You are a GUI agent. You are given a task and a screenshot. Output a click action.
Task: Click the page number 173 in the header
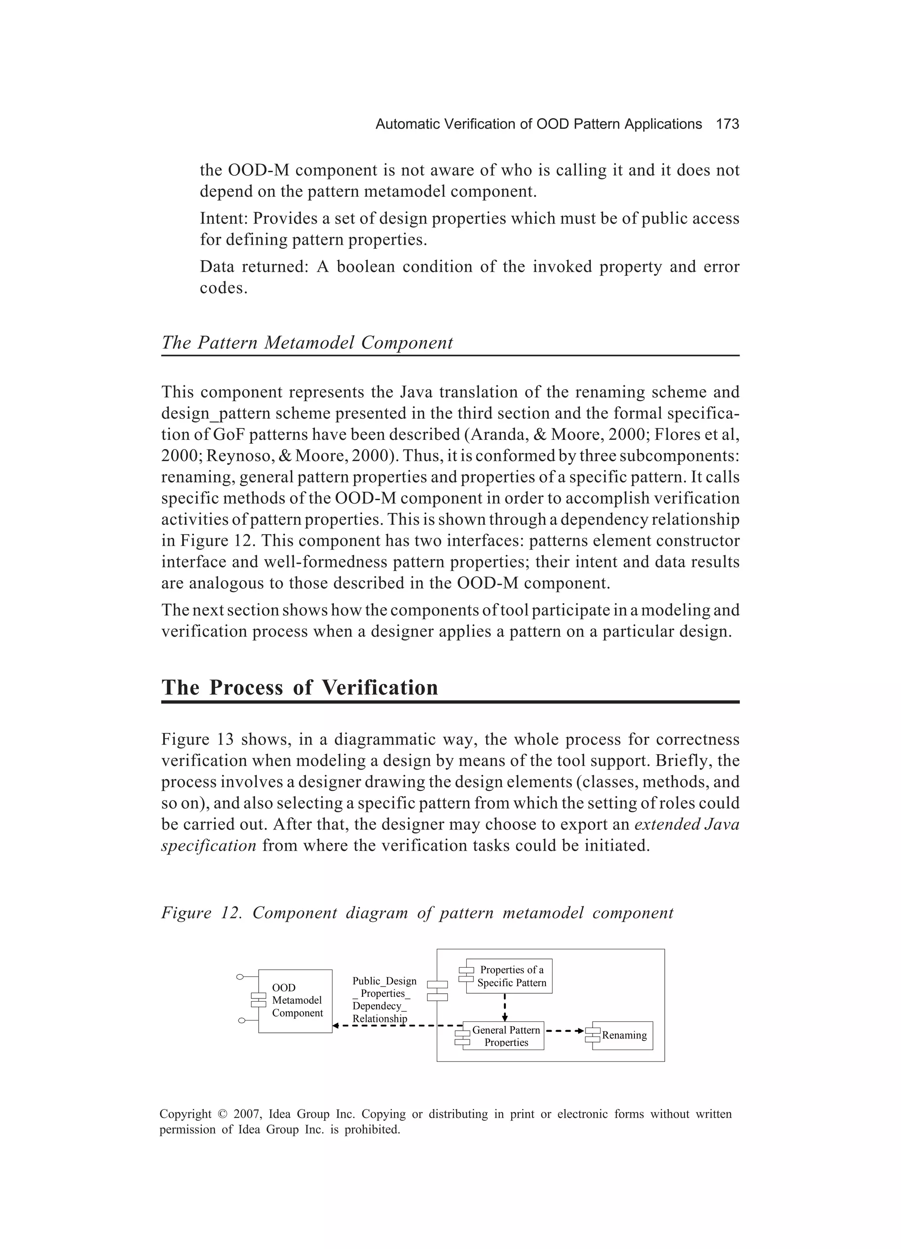click(x=727, y=125)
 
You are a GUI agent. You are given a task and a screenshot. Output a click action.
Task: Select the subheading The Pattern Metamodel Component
click(x=307, y=343)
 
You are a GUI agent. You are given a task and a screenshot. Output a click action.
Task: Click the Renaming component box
click(x=623, y=1035)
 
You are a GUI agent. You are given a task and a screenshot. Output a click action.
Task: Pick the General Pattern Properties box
click(x=505, y=1036)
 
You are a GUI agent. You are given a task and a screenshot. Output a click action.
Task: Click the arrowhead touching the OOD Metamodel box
click(x=336, y=1026)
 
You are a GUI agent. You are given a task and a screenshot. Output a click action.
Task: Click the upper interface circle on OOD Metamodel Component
click(x=239, y=977)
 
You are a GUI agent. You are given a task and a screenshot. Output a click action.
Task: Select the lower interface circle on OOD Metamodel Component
click(x=241, y=1021)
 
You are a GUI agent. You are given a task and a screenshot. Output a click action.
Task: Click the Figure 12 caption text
click(x=417, y=913)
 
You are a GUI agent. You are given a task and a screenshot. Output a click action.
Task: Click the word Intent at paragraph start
click(x=224, y=219)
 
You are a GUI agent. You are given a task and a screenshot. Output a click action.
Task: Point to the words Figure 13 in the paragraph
click(x=195, y=740)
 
